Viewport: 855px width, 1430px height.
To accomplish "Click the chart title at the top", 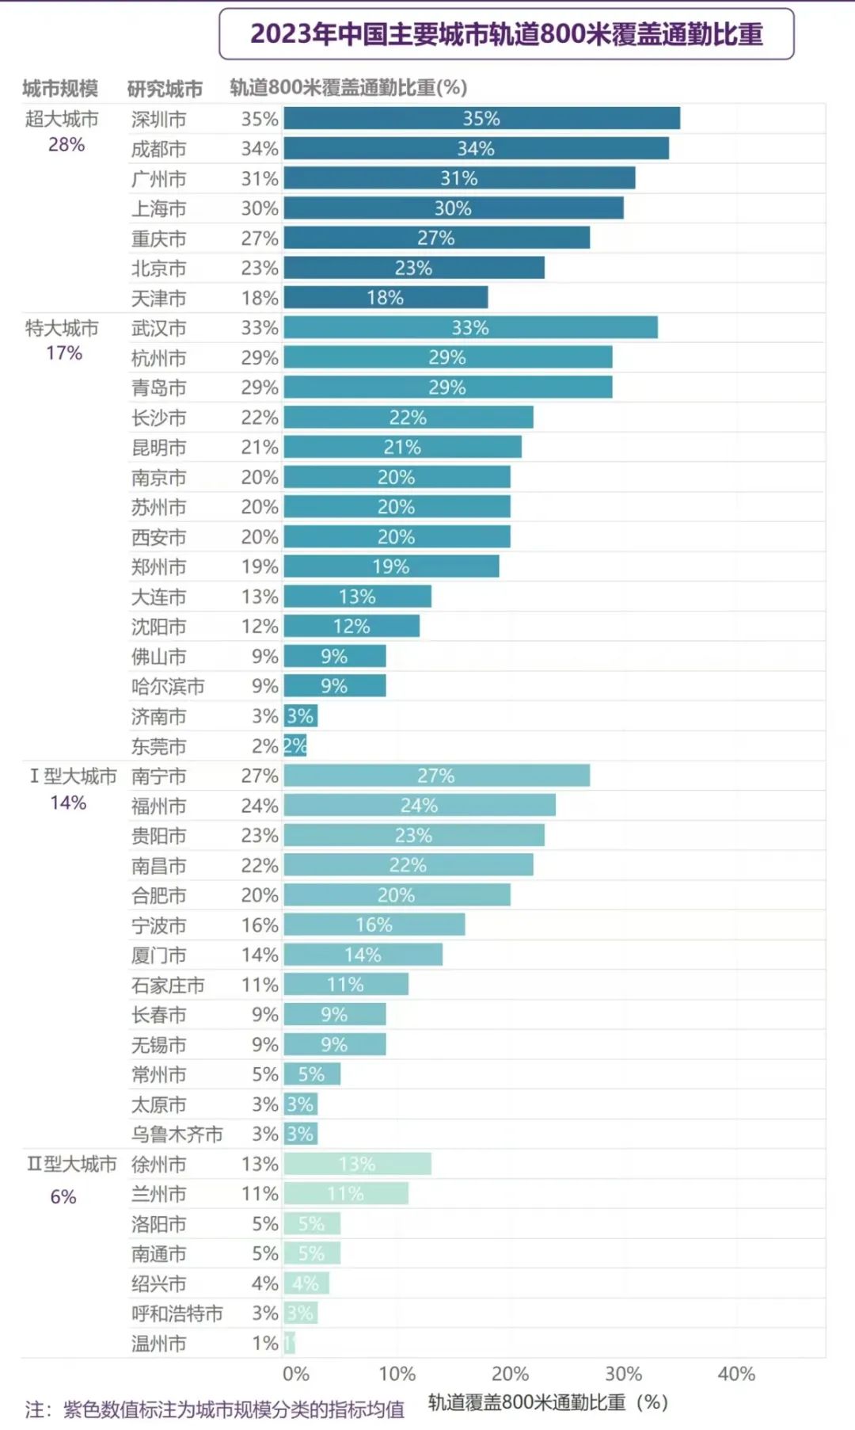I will pyautogui.click(x=507, y=34).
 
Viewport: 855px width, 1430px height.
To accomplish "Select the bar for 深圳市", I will pyautogui.click(x=481, y=118).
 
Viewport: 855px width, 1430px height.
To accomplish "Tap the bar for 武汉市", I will pyautogui.click(x=470, y=327).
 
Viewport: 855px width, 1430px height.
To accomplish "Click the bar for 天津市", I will pyautogui.click(x=386, y=297).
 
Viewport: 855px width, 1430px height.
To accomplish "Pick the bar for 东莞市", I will pyautogui.click(x=295, y=746).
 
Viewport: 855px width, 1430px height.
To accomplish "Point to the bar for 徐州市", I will pyautogui.click(x=357, y=1164).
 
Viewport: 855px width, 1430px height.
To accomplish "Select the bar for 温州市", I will pyautogui.click(x=289, y=1343).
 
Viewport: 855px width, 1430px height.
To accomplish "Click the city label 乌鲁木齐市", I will pyautogui.click(x=177, y=1134).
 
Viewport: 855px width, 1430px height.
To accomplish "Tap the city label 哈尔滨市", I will pyautogui.click(x=168, y=686).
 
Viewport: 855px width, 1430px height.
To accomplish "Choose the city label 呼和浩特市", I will pyautogui.click(x=177, y=1314).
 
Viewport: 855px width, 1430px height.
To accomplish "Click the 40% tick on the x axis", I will pyautogui.click(x=736, y=1375).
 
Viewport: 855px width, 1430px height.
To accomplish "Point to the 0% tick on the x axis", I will pyautogui.click(x=296, y=1375).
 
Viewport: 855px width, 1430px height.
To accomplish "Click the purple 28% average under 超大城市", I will pyautogui.click(x=66, y=145).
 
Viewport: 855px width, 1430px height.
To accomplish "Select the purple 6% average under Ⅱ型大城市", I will pyautogui.click(x=63, y=1197).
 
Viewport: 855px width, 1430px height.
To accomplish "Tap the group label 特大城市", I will pyautogui.click(x=62, y=328).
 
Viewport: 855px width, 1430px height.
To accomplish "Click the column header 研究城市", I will pyautogui.click(x=165, y=88).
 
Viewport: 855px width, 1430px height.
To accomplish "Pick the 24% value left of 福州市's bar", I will pyautogui.click(x=260, y=806).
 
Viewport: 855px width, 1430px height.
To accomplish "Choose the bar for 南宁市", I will pyautogui.click(x=436, y=776).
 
